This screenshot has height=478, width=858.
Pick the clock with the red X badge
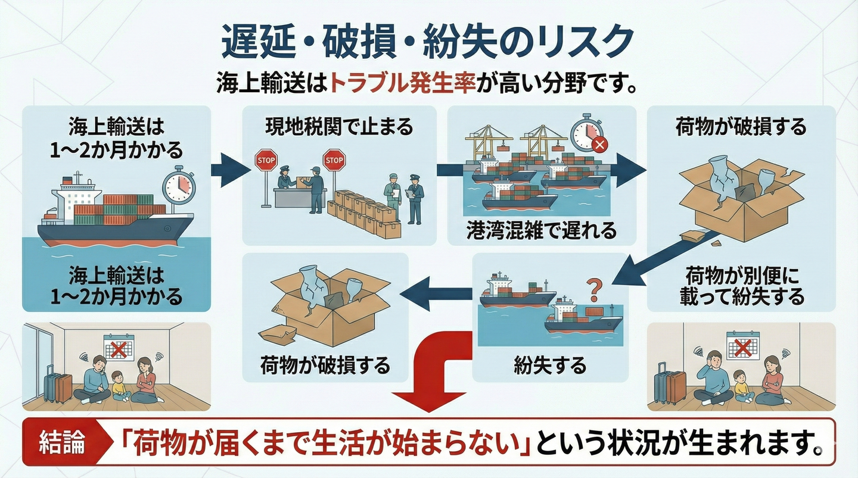587,135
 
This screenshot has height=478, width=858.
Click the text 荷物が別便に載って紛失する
741,286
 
